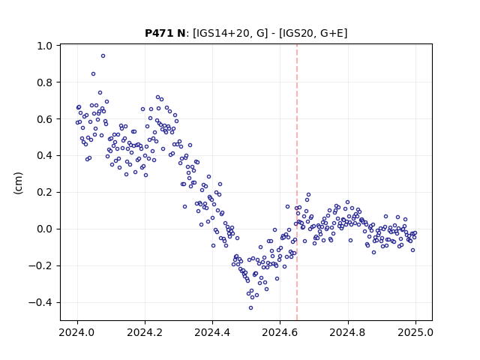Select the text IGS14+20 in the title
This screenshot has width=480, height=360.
click(x=220, y=33)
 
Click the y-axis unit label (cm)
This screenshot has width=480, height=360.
click(x=18, y=183)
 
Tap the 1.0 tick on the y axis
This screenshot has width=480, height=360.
click(x=45, y=46)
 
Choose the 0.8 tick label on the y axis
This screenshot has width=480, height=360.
click(x=45, y=82)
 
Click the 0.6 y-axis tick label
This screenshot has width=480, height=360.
click(x=45, y=119)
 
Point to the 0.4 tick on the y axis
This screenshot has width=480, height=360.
click(x=45, y=156)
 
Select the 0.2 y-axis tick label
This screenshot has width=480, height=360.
click(x=45, y=193)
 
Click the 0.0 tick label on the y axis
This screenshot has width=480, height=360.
click(x=45, y=229)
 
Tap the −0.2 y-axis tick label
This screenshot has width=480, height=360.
click(x=40, y=266)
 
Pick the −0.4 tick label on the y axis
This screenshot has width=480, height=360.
click(x=40, y=303)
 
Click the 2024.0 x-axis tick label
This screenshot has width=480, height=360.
click(x=77, y=332)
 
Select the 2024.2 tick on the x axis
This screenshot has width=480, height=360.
click(x=145, y=332)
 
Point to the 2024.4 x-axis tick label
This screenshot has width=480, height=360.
click(x=212, y=332)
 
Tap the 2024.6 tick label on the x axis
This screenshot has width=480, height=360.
click(x=280, y=332)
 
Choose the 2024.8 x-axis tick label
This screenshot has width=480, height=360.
click(x=347, y=332)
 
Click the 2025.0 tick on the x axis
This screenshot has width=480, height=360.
click(x=415, y=332)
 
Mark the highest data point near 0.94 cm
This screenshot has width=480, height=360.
click(x=103, y=56)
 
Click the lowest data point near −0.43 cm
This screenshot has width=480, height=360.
click(x=250, y=308)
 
